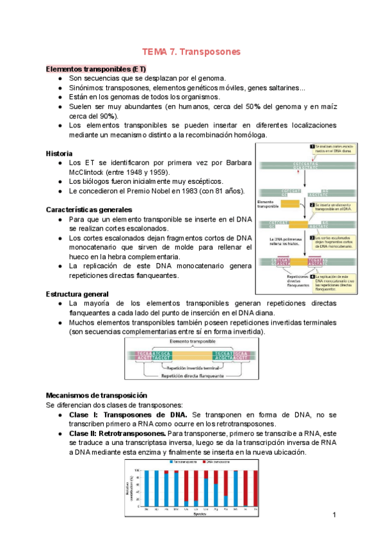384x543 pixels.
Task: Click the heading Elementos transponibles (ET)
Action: tap(96, 69)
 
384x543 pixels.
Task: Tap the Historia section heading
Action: tap(60, 154)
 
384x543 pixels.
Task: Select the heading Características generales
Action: tap(89, 209)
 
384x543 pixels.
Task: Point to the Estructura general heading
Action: tap(77, 293)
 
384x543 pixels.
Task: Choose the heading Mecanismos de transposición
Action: tap(97, 395)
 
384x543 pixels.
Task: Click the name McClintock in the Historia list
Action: tap(89, 172)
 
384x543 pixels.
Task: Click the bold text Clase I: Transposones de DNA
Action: tap(129, 415)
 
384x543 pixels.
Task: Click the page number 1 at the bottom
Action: tap(335, 515)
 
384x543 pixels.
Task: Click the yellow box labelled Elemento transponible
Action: tap(290, 204)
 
